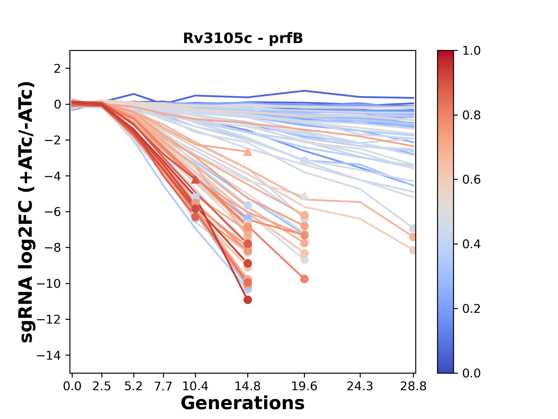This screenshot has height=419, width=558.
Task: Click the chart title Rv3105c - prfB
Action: click(243, 38)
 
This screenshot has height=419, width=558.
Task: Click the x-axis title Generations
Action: click(243, 403)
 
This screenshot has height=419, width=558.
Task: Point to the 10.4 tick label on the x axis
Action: click(195, 386)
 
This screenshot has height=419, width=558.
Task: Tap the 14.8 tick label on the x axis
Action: click(248, 386)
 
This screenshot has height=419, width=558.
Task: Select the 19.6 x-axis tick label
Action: click(304, 386)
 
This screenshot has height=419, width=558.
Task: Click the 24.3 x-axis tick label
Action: click(360, 386)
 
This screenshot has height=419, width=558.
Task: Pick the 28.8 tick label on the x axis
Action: click(413, 386)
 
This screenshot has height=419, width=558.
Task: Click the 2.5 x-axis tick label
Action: click(102, 386)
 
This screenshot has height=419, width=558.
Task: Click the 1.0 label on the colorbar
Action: click(471, 51)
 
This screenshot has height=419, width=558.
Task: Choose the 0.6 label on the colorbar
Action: click(471, 180)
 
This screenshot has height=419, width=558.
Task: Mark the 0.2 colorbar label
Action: click(471, 309)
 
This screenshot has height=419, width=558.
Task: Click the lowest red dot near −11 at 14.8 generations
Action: click(248, 300)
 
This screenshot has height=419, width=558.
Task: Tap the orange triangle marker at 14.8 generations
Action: click(248, 152)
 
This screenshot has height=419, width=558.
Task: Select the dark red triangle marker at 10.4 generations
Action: click(196, 180)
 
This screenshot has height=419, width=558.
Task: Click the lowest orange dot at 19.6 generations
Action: click(304, 279)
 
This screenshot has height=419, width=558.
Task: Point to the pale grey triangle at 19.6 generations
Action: click(304, 196)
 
